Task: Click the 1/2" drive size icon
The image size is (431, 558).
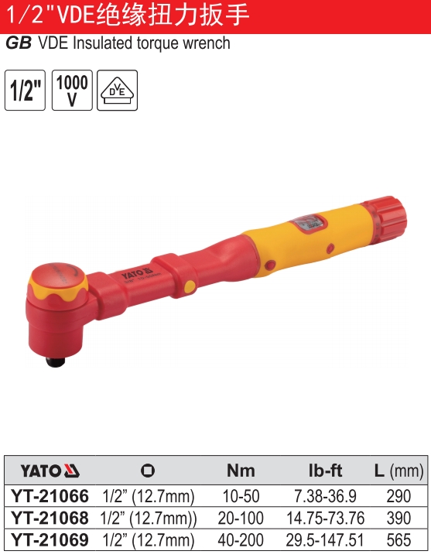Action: coord(25,90)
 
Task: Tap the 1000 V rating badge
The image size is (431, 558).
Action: coord(72,90)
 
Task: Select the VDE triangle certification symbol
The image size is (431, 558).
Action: coord(118,90)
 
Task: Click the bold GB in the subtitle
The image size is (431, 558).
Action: coord(19,43)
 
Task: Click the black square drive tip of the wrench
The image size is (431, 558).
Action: coord(56,361)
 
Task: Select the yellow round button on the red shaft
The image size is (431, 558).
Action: coord(190,286)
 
